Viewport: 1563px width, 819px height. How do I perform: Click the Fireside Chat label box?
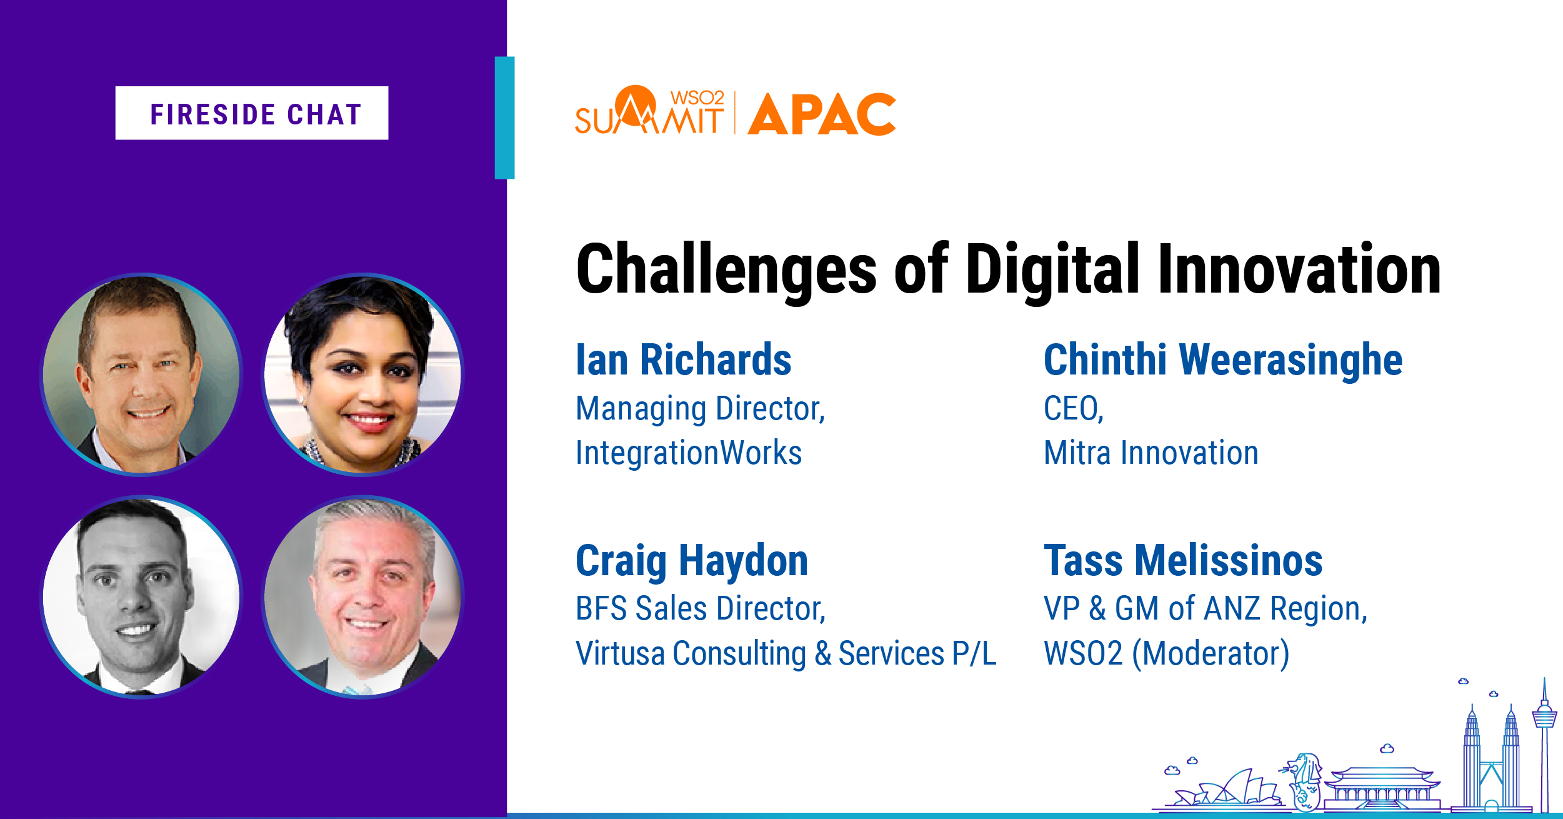coord(252,113)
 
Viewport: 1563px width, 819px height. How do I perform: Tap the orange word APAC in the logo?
coord(822,114)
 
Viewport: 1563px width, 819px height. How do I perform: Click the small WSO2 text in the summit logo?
coord(697,98)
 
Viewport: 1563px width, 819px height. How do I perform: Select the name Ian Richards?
coord(684,360)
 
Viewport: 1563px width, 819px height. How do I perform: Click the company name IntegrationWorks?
coord(689,453)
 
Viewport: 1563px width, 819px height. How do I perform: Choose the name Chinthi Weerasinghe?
coord(1223,361)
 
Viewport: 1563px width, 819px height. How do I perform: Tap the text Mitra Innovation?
coord(1151,453)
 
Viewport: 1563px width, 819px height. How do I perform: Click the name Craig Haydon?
coord(692,561)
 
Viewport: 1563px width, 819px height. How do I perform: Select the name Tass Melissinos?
coord(1183,561)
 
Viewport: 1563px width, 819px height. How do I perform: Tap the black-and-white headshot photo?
coord(141,597)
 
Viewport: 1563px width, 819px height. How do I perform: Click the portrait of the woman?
coord(363,374)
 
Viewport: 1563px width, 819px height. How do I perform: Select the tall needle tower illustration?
coord(1544,744)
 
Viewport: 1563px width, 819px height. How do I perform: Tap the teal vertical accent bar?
coord(504,118)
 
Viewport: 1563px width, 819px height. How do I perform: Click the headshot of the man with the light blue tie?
coord(363,597)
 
